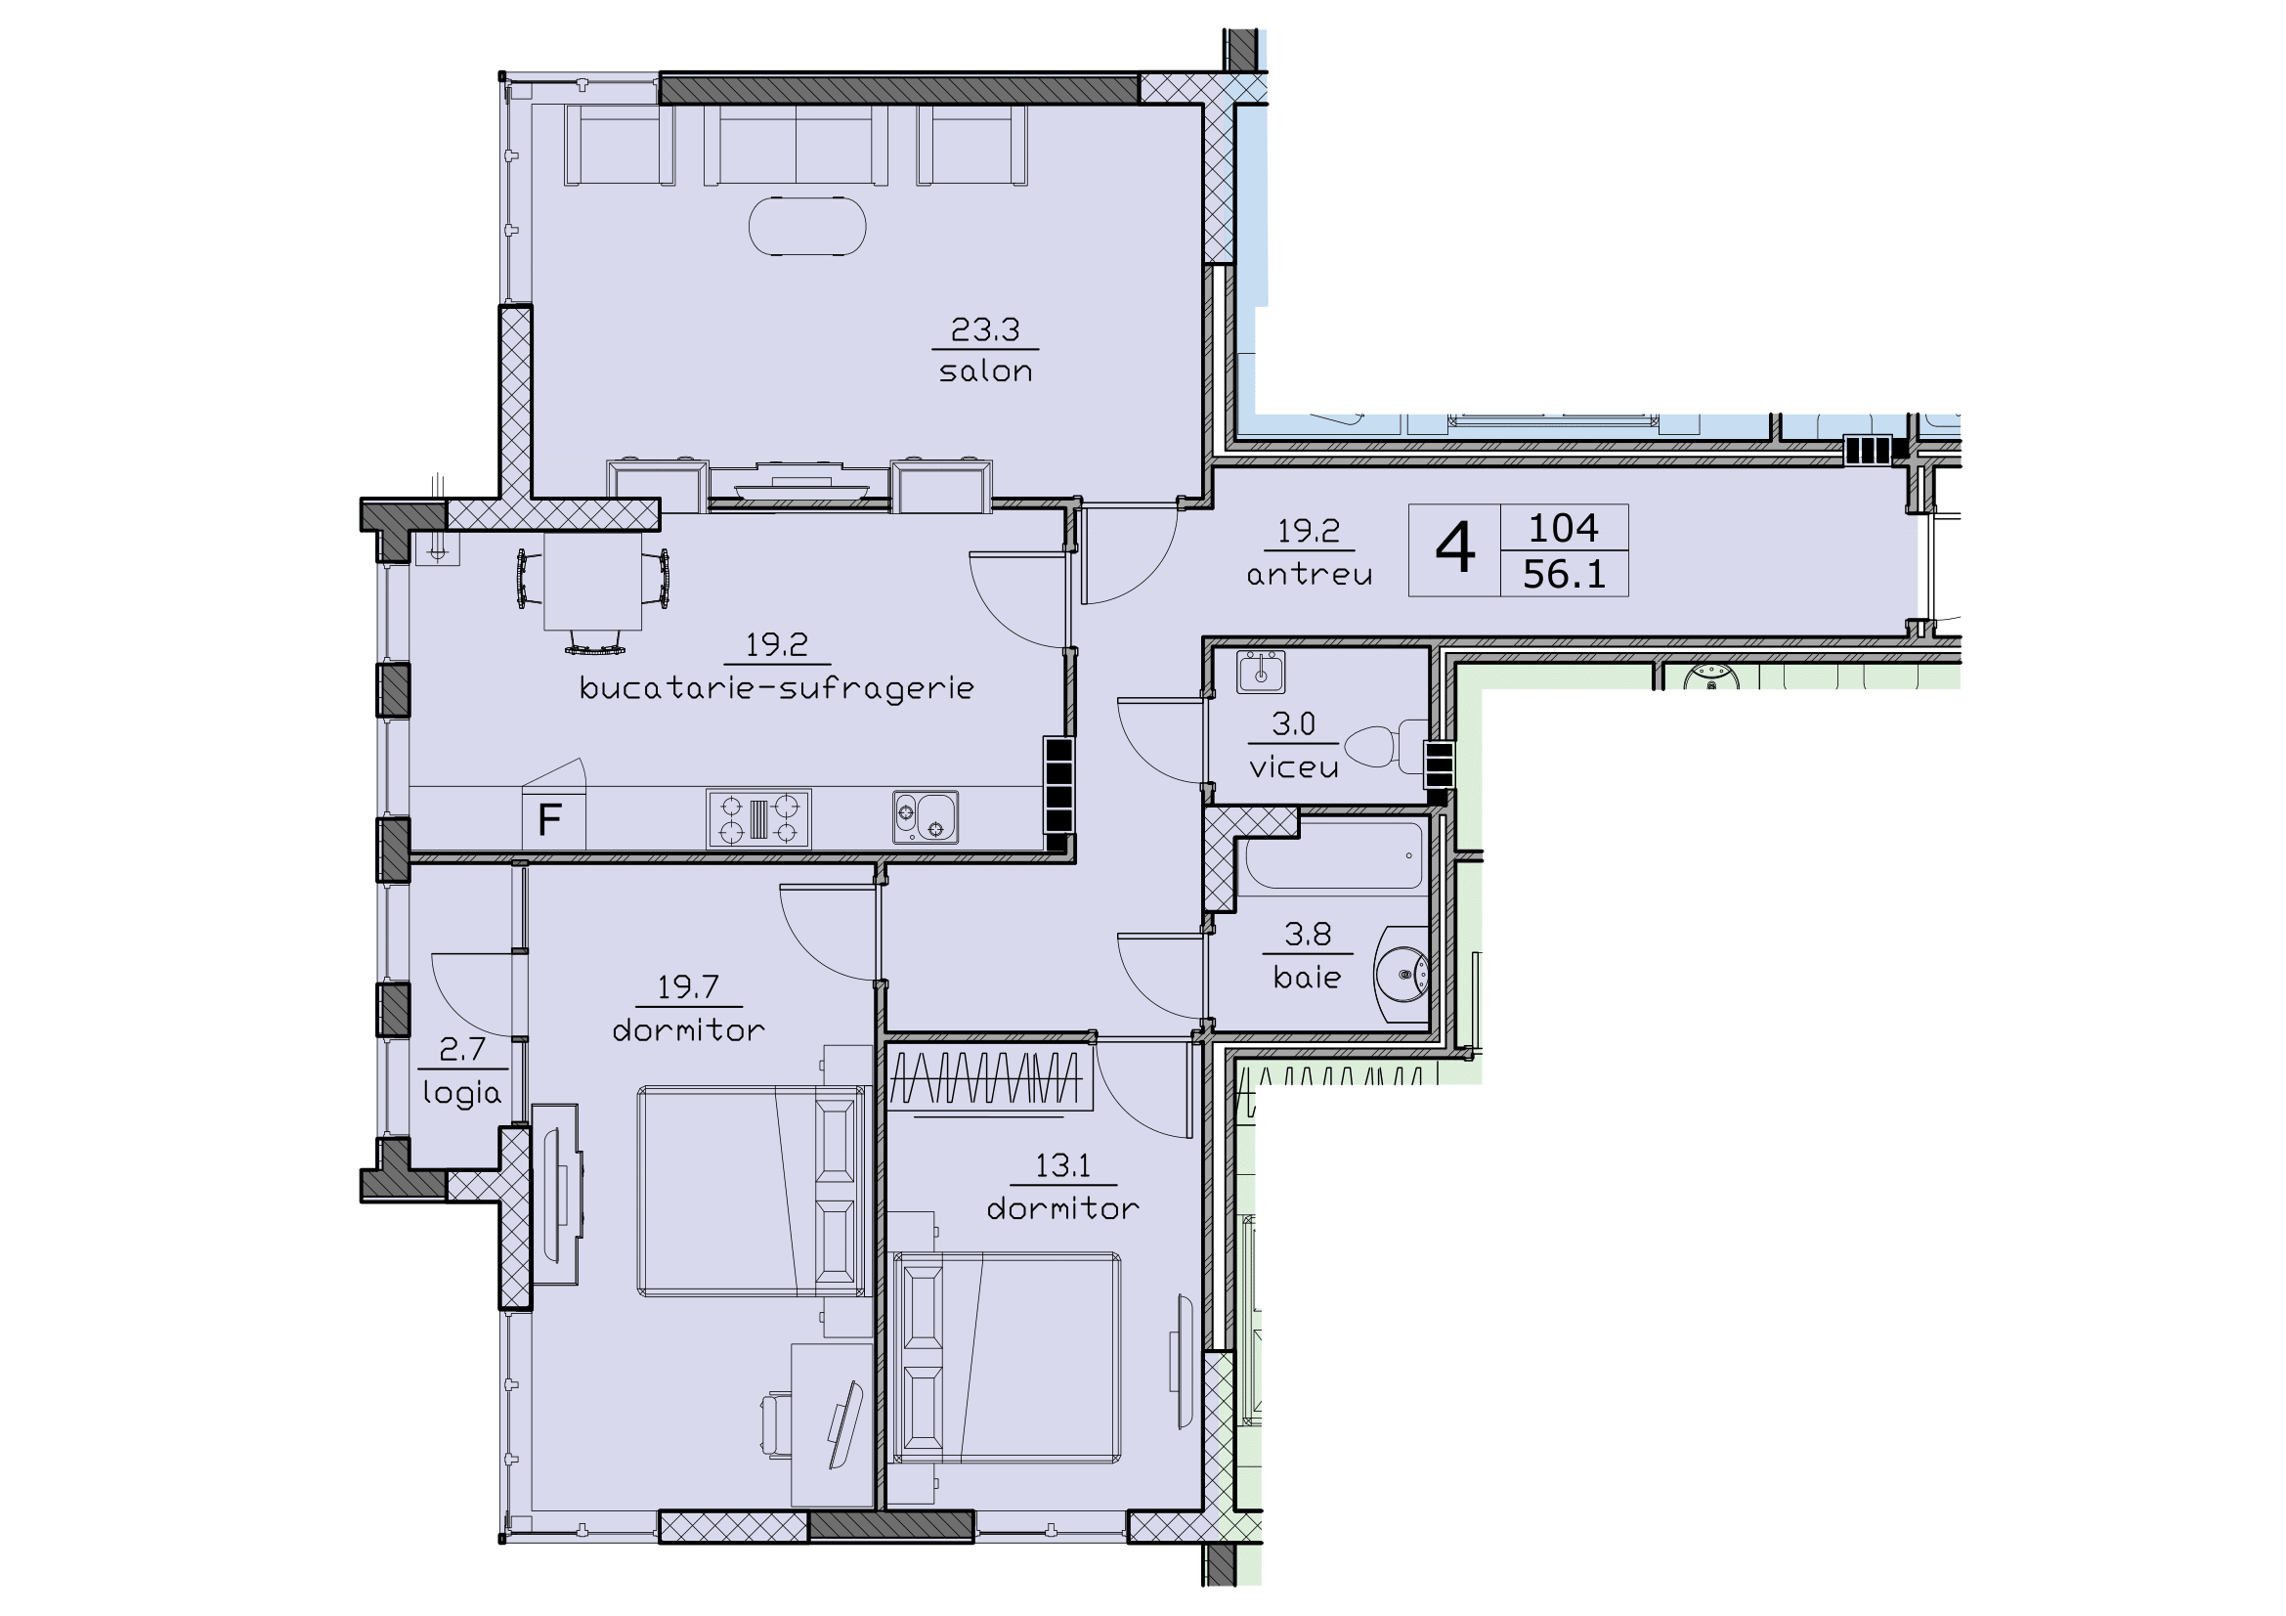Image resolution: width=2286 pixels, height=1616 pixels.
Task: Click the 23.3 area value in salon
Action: point(985,329)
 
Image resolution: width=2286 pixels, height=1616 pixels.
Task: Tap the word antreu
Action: point(1310,575)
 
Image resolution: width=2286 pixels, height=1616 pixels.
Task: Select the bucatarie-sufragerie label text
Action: point(777,688)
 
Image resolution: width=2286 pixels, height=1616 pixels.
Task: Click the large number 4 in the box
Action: point(1453,549)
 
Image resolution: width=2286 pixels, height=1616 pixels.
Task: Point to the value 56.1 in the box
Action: point(1564,575)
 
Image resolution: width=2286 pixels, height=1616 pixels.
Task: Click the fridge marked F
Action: point(551,820)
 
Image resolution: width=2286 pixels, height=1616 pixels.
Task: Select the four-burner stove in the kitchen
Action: point(758,818)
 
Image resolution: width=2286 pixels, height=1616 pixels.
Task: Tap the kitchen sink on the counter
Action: point(925,817)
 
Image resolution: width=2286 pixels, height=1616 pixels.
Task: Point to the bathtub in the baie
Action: point(1332,855)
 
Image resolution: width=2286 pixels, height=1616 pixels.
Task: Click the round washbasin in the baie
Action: point(1402,974)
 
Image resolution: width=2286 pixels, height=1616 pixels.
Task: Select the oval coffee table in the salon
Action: point(806,227)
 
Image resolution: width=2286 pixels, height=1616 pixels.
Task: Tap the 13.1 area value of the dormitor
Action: point(1062,1165)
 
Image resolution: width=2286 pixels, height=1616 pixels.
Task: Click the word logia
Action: point(461,1093)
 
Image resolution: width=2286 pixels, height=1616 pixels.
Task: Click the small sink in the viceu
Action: point(1261,672)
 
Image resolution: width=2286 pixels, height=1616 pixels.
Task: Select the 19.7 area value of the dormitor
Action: point(687,986)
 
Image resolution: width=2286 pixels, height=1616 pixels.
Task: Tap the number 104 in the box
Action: point(1563,528)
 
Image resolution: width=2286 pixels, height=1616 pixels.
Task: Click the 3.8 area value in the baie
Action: point(1308,934)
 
